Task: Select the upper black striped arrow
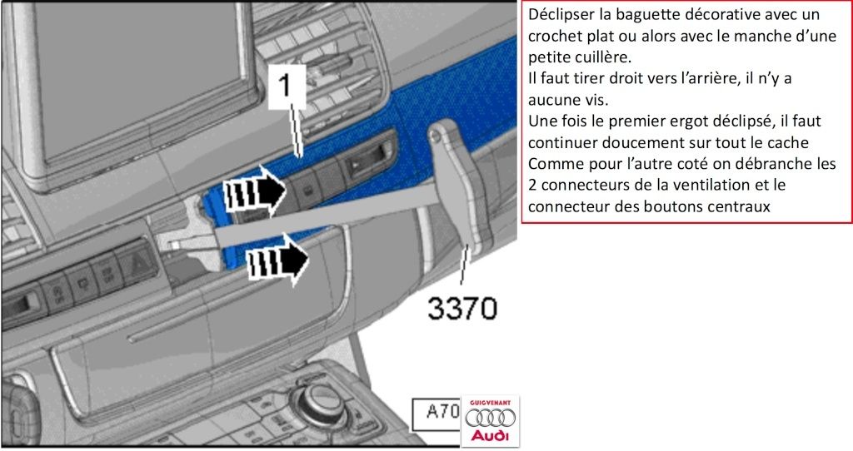tap(258, 191)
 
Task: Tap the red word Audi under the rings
tap(490, 436)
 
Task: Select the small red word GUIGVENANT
tap(490, 402)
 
